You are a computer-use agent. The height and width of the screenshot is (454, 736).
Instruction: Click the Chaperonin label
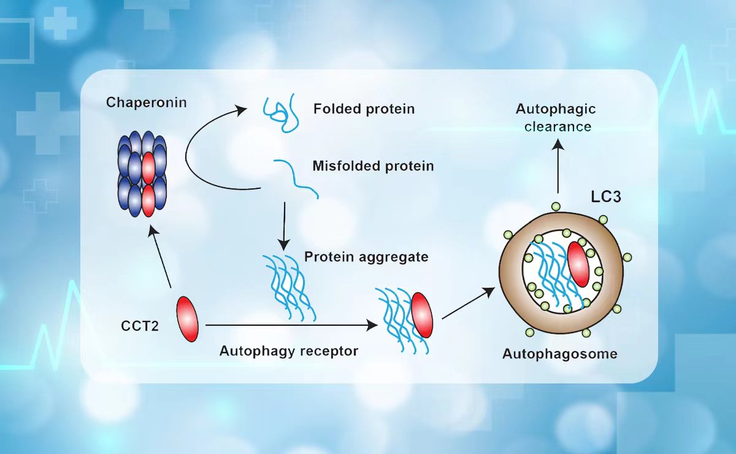pos(146,102)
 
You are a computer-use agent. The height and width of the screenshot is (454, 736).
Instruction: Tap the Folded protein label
pos(364,109)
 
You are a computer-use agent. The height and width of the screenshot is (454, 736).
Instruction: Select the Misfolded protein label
pos(373,166)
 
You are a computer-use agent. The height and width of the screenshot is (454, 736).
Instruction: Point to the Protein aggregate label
pos(366,257)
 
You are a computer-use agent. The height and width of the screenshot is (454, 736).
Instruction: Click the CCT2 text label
pos(140,326)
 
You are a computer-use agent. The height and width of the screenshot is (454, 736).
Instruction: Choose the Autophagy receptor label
pos(288,351)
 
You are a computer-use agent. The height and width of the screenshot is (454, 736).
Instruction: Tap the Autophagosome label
pos(559,354)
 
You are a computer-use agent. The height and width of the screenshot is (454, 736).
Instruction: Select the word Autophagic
pos(556,109)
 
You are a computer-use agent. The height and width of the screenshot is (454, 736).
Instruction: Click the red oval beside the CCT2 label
pos(188,319)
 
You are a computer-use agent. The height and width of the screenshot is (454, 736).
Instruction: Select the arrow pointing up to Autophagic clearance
pos(558,166)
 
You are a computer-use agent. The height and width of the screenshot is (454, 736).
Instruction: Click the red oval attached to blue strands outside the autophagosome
pos(421,315)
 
